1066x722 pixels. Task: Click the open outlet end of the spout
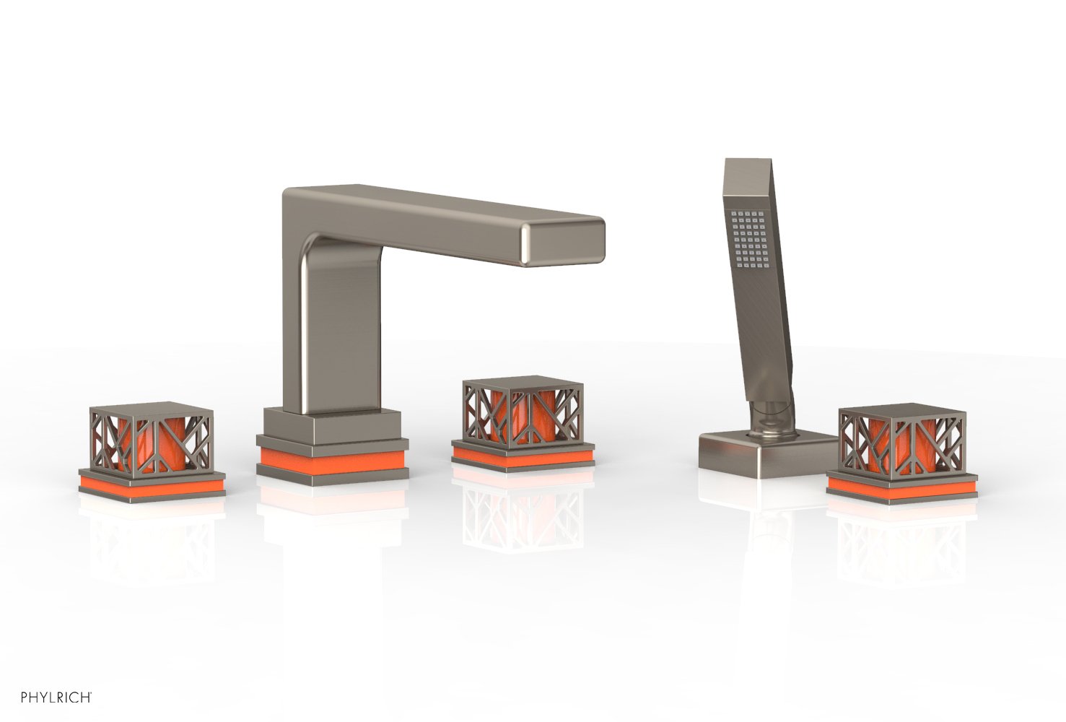click(563, 242)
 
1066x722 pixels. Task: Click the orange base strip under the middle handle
click(523, 456)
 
